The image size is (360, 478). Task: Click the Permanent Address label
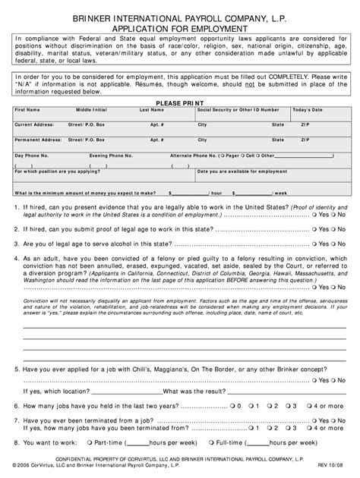click(37, 140)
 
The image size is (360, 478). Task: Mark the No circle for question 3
click(333, 244)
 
